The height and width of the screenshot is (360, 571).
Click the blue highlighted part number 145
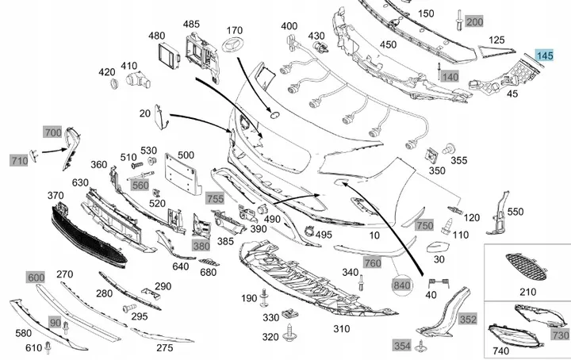pyautogui.click(x=545, y=56)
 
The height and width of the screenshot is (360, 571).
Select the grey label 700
pyautogui.click(x=53, y=132)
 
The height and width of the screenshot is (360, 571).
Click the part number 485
pyautogui.click(x=191, y=25)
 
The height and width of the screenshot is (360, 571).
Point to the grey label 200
pyautogui.click(x=474, y=22)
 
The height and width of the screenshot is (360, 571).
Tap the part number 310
pyautogui.click(x=342, y=327)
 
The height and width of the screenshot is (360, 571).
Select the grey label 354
pyautogui.click(x=402, y=345)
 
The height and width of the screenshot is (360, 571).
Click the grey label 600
pyautogui.click(x=36, y=278)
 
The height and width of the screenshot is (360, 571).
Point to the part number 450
pyautogui.click(x=388, y=45)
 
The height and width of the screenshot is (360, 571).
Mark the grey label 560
pyautogui.click(x=140, y=186)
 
